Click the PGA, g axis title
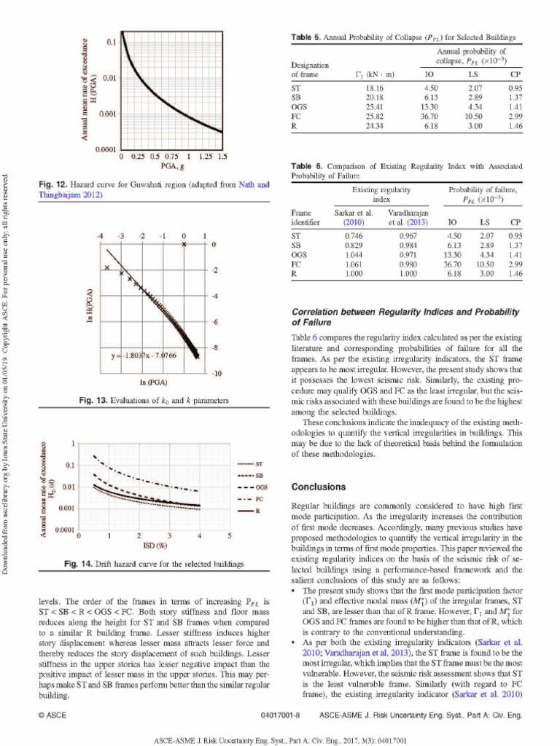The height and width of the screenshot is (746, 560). (172, 166)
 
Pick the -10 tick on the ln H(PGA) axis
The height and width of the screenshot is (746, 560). (217, 373)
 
